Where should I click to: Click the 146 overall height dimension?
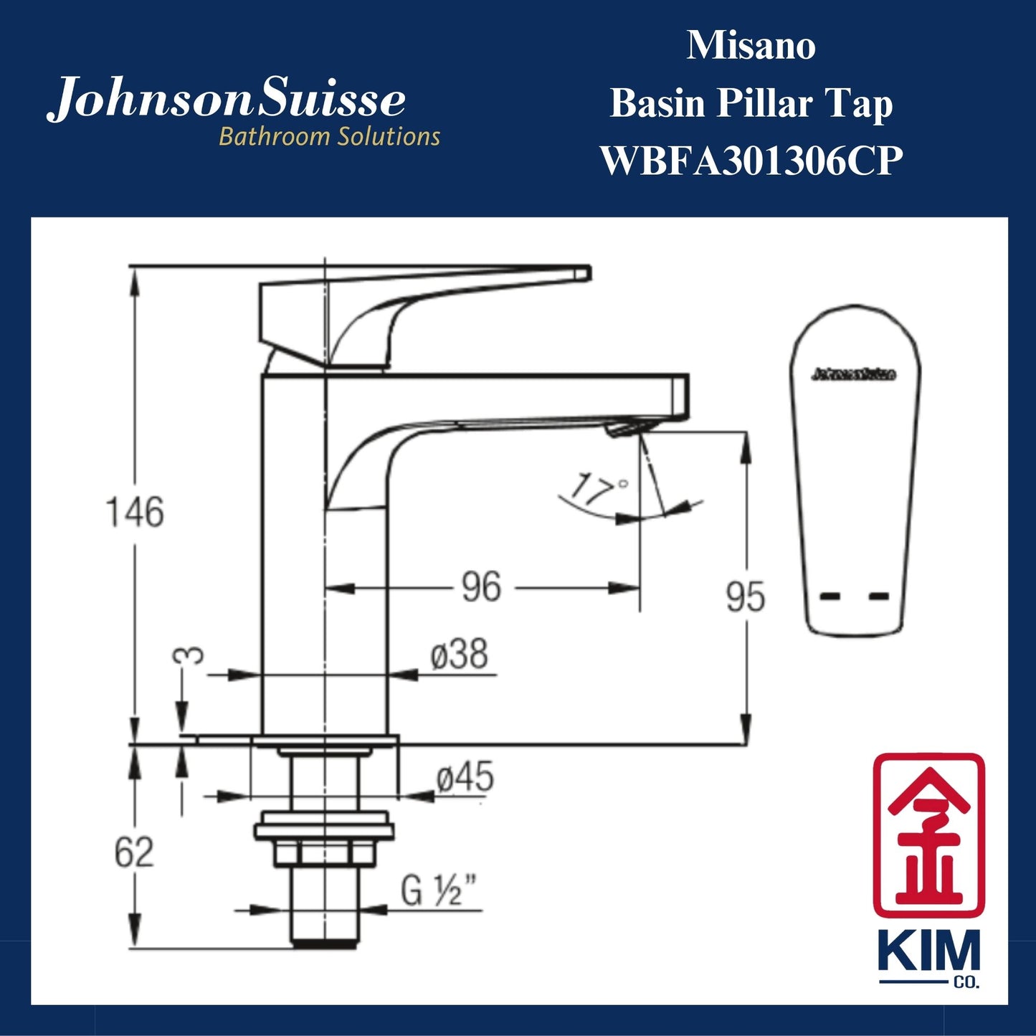pyautogui.click(x=135, y=512)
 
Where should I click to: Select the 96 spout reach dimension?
pyautogui.click(x=480, y=587)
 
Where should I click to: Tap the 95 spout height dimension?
pyautogui.click(x=745, y=597)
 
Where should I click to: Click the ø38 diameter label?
pyautogui.click(x=460, y=655)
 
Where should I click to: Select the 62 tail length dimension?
pyautogui.click(x=134, y=852)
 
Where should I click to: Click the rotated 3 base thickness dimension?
pyautogui.click(x=189, y=656)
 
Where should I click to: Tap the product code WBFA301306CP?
pyautogui.click(x=751, y=161)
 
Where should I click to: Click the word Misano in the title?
pyautogui.click(x=751, y=46)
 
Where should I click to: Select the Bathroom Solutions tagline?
pyautogui.click(x=329, y=136)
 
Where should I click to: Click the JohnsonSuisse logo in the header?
pyautogui.click(x=227, y=100)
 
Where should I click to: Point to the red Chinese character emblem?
pyautogui.click(x=928, y=835)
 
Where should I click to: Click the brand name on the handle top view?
pyautogui.click(x=854, y=374)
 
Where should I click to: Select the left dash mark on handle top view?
pyautogui.click(x=830, y=596)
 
